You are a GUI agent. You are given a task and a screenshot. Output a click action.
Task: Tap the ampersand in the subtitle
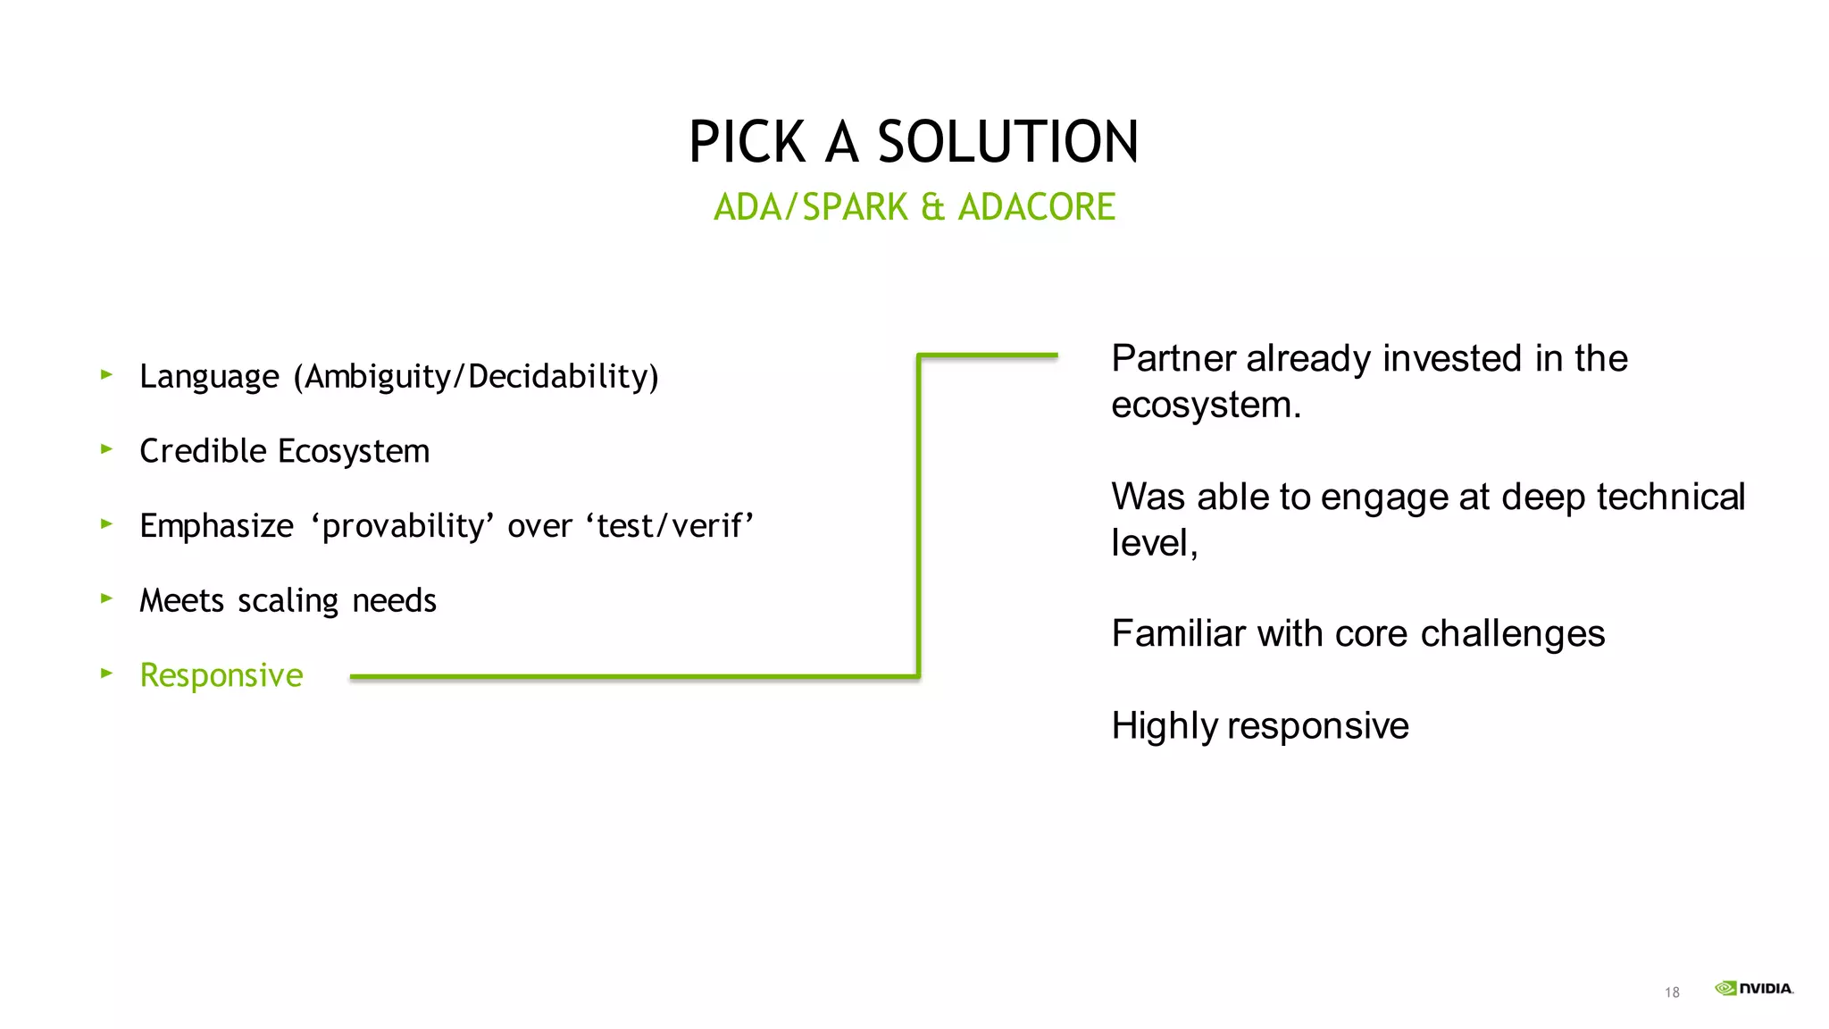932,207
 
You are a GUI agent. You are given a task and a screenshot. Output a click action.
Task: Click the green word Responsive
221,675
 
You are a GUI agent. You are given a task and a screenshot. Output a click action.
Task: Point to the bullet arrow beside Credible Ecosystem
106,449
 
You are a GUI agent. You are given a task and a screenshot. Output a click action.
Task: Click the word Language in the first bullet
209,377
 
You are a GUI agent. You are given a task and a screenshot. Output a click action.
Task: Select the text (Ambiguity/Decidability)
476,377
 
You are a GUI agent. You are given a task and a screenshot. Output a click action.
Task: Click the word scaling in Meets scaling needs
288,600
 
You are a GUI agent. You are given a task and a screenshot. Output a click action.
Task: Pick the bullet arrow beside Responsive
106,673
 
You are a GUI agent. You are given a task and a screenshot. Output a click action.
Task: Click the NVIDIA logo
1754,988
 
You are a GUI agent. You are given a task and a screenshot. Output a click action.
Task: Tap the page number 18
1672,992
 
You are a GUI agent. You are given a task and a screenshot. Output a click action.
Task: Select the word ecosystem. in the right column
1206,406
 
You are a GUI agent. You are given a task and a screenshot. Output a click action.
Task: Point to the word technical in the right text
1670,498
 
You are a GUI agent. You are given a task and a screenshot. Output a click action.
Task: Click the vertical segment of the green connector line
918,518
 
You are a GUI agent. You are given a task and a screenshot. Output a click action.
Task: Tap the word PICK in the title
747,143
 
